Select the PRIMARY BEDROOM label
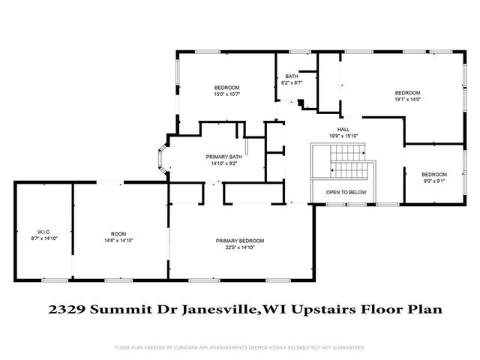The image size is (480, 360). click(239, 240)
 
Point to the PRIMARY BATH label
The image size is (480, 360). click(224, 157)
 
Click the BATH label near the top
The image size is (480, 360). click(291, 76)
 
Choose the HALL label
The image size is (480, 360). click(343, 130)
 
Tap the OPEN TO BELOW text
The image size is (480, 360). click(346, 192)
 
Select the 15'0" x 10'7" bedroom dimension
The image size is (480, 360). click(226, 94)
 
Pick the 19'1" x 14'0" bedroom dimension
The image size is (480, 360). click(407, 98)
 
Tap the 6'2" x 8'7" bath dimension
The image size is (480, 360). click(291, 82)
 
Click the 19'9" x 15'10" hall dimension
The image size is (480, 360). click(343, 136)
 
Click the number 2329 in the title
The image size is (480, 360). click(61, 308)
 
